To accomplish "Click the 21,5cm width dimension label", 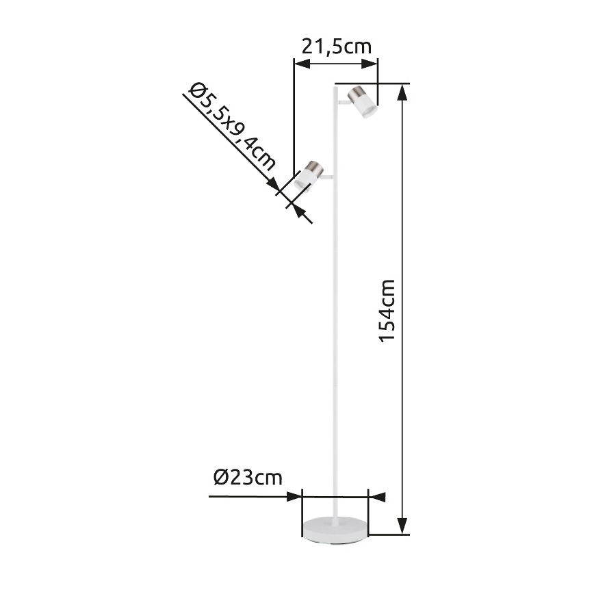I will click(x=336, y=47).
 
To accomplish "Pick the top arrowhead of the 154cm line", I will click(x=403, y=91).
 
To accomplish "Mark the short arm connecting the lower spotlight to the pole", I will click(x=326, y=179).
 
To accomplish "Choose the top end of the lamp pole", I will click(x=336, y=87).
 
